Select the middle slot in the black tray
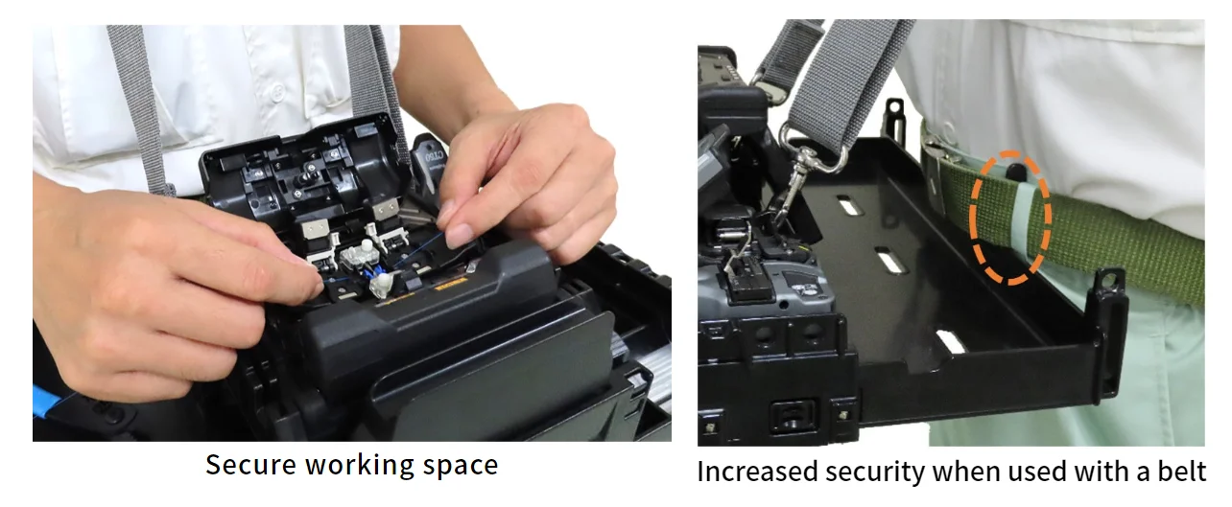[x=890, y=260]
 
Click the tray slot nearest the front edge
[x=949, y=341]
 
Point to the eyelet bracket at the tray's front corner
[x=1110, y=287]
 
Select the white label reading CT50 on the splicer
[x=434, y=153]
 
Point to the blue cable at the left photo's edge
[x=43, y=398]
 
